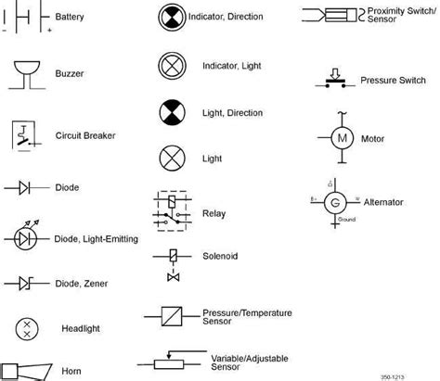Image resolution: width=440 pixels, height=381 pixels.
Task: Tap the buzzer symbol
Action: [28, 72]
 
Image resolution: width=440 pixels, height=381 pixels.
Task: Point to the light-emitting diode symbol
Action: [28, 237]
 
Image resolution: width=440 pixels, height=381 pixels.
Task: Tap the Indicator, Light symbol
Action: [171, 66]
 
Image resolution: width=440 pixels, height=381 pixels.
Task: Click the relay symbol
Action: [171, 211]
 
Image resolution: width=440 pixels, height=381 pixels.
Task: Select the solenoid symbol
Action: [172, 263]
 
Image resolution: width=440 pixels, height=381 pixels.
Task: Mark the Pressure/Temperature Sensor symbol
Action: [172, 316]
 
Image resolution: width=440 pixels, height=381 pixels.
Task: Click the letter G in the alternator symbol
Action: [337, 199]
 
